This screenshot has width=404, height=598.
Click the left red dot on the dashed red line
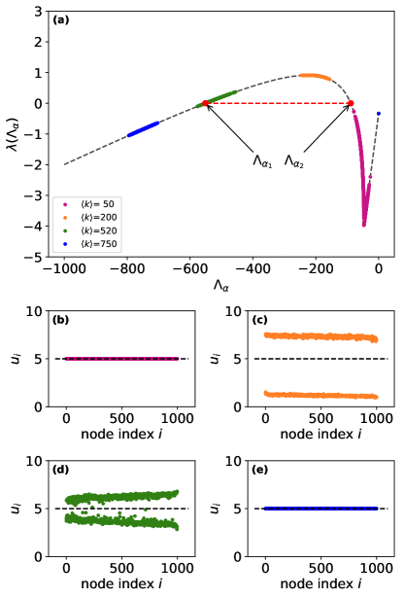coord(205,102)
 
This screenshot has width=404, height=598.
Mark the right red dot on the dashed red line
coord(351,102)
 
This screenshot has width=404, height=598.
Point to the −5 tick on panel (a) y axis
coord(37,258)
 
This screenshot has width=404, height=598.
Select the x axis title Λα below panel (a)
coord(221,287)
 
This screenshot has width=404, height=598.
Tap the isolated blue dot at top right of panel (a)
coord(379,114)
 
